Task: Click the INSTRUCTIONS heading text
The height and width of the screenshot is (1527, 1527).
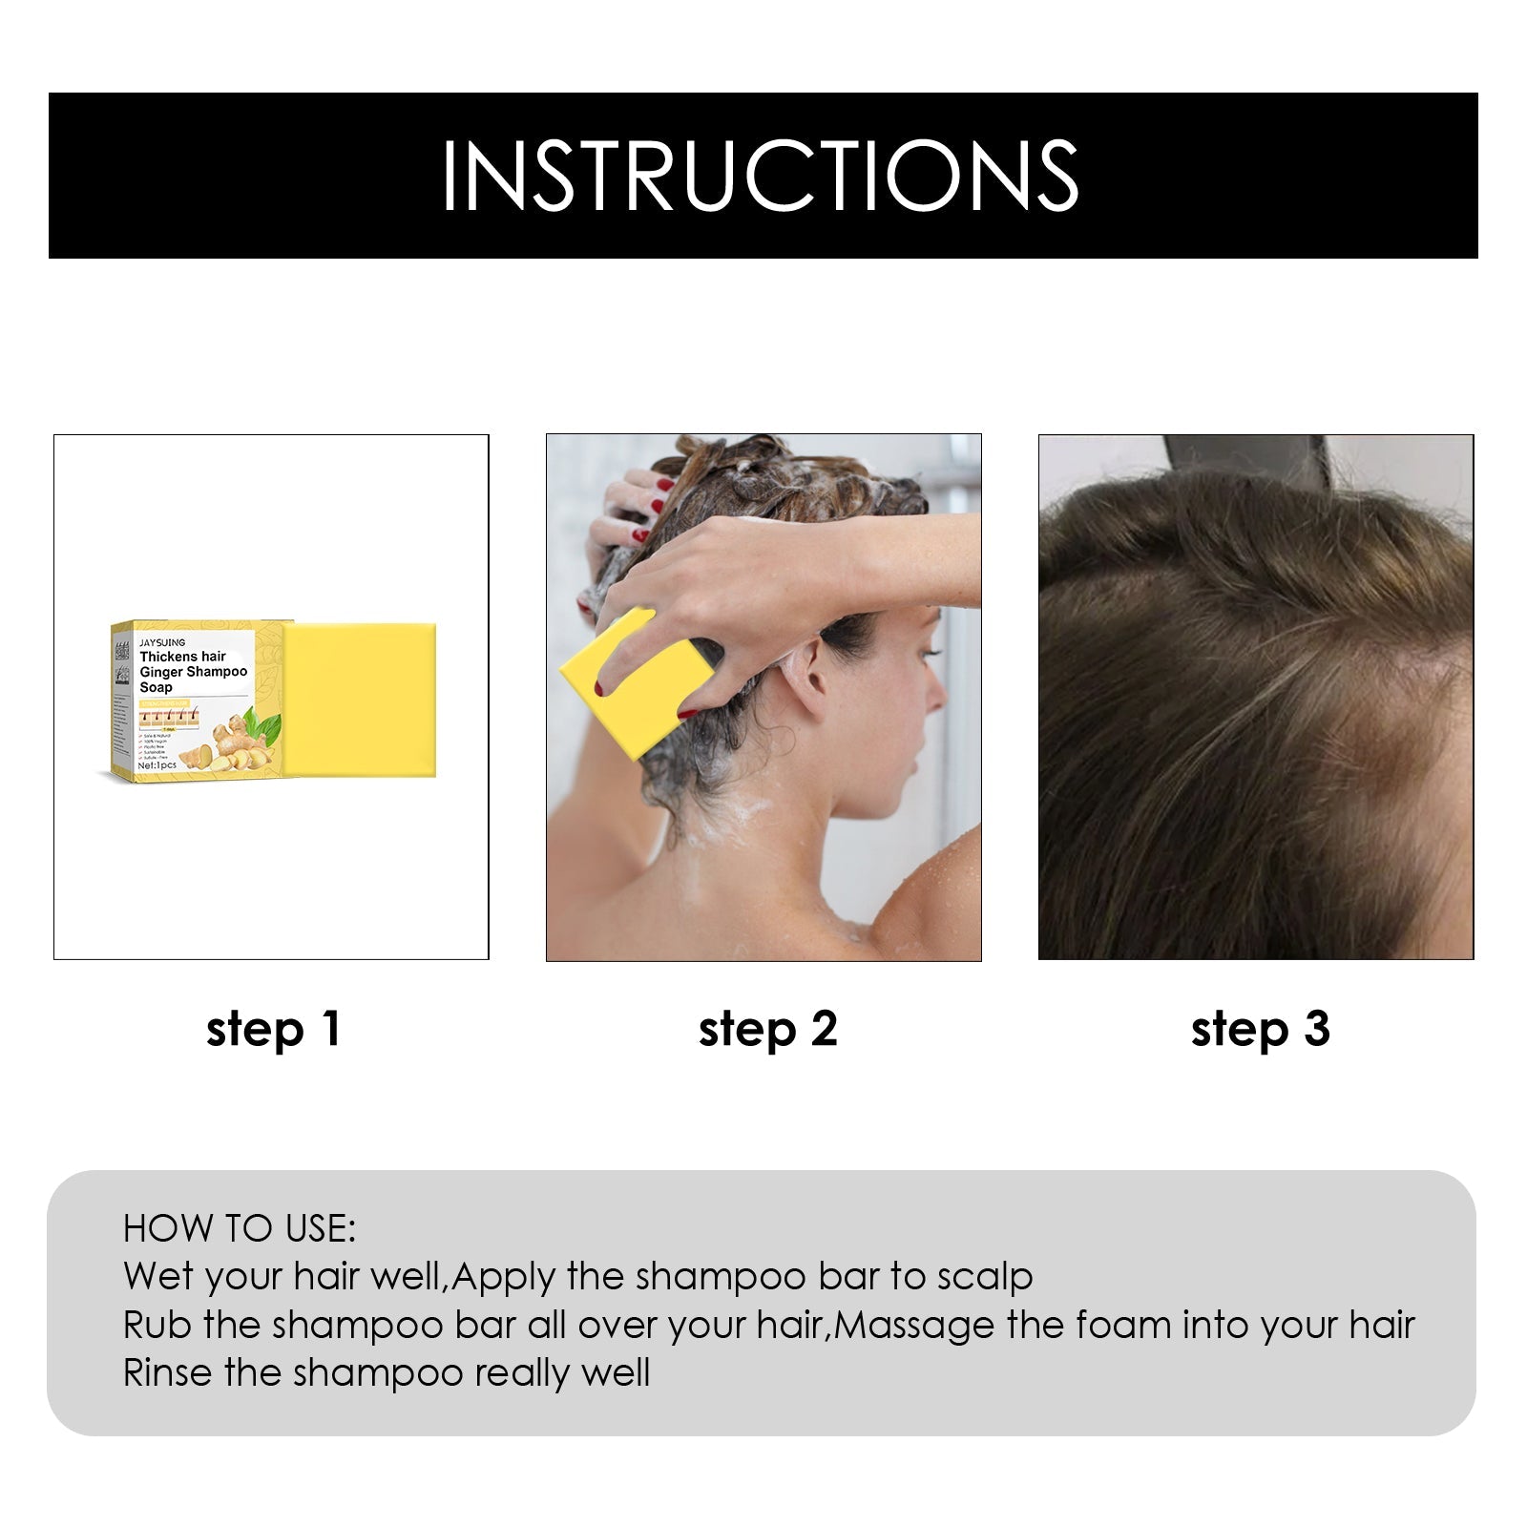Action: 760,176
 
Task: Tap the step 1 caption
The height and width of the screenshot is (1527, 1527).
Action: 273,1030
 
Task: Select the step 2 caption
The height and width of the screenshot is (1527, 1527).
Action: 767,1030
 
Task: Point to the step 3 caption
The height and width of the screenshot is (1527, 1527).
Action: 1260,1030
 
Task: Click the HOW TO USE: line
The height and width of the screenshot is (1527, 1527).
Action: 239,1229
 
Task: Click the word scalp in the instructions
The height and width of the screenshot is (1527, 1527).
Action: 985,1277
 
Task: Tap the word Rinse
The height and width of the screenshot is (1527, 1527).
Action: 168,1373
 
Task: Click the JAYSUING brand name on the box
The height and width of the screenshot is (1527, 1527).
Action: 162,642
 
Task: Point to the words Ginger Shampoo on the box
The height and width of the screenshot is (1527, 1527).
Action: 194,672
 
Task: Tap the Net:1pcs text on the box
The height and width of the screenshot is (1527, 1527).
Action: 157,765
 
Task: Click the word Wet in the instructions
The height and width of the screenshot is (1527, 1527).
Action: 159,1277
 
